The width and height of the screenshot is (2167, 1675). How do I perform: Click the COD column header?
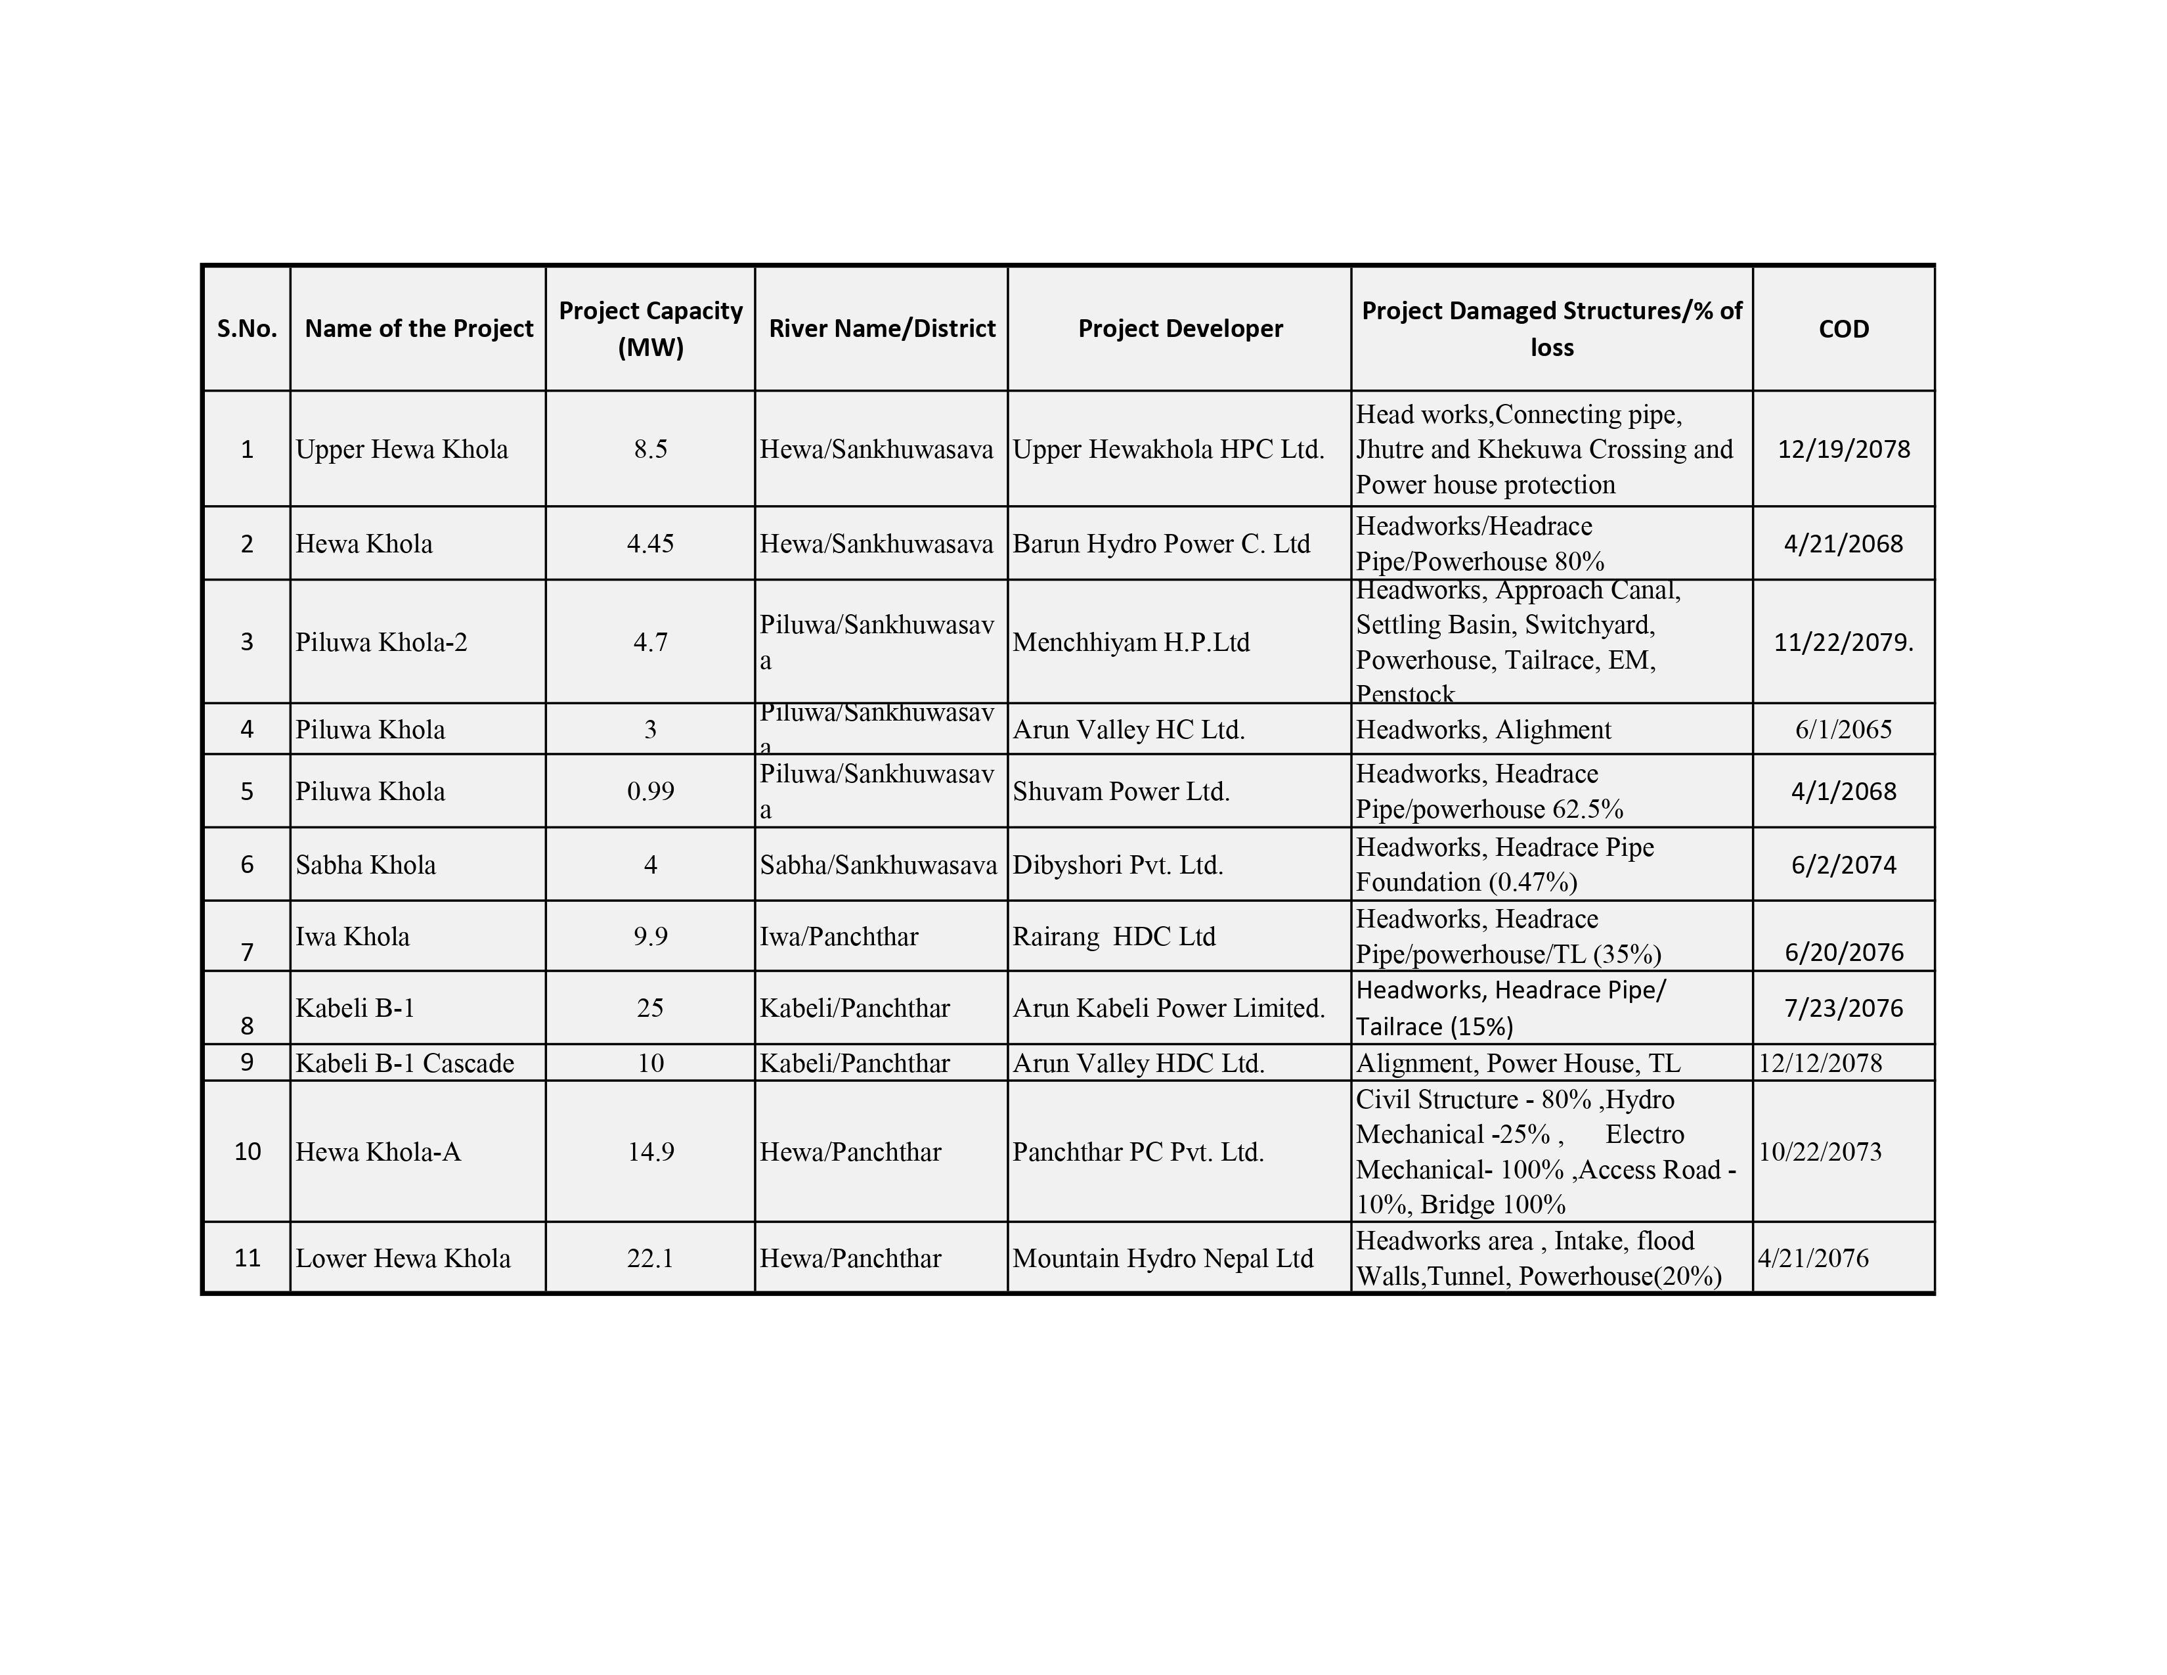(x=1843, y=328)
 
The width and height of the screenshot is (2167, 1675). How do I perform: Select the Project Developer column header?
(x=1180, y=328)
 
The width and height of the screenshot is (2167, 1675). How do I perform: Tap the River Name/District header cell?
(x=881, y=328)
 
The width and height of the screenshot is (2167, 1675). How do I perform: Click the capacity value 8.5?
(x=650, y=449)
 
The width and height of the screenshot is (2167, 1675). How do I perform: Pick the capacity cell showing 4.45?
(x=650, y=544)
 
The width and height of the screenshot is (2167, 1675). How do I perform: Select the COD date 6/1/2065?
(x=1843, y=729)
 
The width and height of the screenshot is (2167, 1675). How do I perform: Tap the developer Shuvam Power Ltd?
(x=1120, y=791)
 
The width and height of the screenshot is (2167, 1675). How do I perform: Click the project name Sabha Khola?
(x=365, y=864)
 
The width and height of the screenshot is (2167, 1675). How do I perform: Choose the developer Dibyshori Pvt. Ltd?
(x=1117, y=864)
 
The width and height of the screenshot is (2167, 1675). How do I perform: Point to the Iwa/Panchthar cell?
(x=839, y=936)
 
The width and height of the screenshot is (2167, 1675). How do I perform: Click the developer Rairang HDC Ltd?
(x=1113, y=936)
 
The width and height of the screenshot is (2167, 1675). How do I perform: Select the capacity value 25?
(x=650, y=1008)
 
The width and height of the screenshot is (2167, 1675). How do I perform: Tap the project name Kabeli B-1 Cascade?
(x=405, y=1063)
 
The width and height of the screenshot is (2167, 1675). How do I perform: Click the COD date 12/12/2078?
(x=1820, y=1063)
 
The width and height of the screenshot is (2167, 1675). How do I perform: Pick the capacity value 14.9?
(x=650, y=1151)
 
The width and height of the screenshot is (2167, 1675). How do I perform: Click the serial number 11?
(x=247, y=1259)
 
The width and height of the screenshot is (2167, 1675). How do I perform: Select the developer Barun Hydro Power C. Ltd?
(x=1161, y=544)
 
